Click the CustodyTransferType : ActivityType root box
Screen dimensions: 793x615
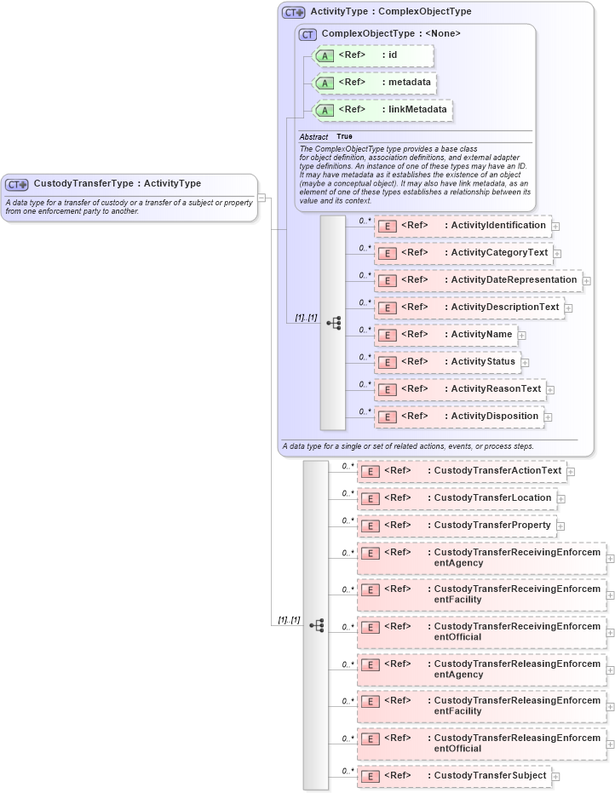(129, 197)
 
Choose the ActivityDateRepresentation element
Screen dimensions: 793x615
(478, 280)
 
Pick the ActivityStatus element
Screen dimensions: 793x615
(447, 362)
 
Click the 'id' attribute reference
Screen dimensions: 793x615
(374, 55)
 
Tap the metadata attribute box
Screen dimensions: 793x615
(376, 83)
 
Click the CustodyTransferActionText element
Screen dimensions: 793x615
(461, 471)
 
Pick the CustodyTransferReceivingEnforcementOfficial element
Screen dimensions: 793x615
(481, 632)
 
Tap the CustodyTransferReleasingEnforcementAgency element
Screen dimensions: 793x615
(481, 669)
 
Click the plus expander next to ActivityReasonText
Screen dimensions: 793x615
(550, 390)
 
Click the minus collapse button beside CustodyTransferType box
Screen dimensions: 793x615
(262, 198)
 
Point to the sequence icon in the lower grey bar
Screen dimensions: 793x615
(317, 625)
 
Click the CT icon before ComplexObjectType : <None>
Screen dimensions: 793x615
(307, 34)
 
